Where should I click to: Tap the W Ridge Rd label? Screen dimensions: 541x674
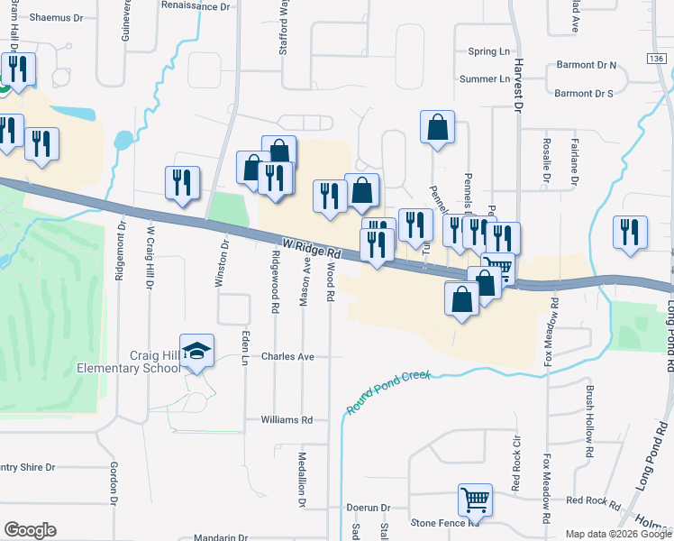pos(311,249)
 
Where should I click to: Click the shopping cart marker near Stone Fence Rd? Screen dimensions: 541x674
pos(475,500)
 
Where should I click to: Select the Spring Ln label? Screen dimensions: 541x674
pos(489,52)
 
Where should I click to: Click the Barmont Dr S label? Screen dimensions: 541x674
pos(583,93)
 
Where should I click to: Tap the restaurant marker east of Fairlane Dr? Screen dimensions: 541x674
pos(630,232)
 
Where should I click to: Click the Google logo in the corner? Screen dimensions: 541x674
pos(30,530)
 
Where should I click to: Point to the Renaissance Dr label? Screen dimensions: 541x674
pos(196,5)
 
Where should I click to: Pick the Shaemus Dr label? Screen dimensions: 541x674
pos(55,17)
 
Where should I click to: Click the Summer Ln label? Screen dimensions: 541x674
pos(485,79)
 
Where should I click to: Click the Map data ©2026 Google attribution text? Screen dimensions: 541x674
pos(618,534)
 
